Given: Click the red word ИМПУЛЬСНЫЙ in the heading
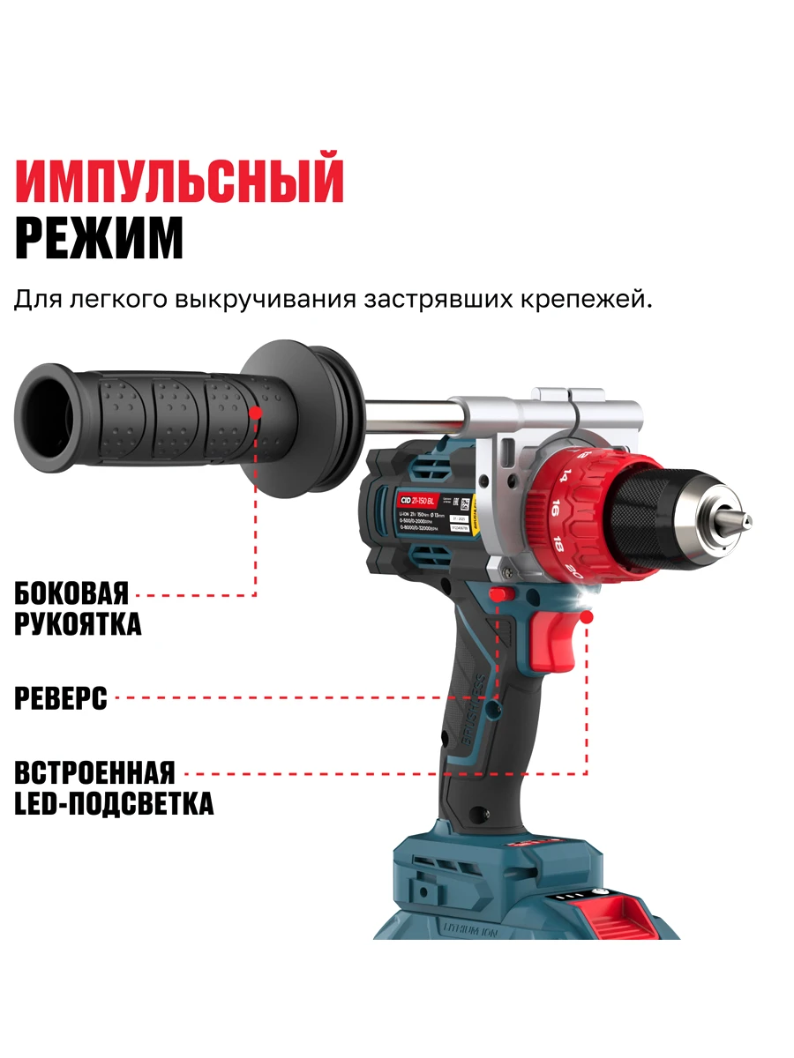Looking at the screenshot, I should coord(179,180).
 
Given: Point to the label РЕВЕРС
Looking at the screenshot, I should coord(61,698).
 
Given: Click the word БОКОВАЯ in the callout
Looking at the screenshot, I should coord(71,592).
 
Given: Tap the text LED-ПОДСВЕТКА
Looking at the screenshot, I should coord(114,803).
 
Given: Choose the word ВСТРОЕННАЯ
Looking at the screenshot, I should coord(94,772).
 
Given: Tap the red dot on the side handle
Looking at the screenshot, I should coord(256,411).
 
